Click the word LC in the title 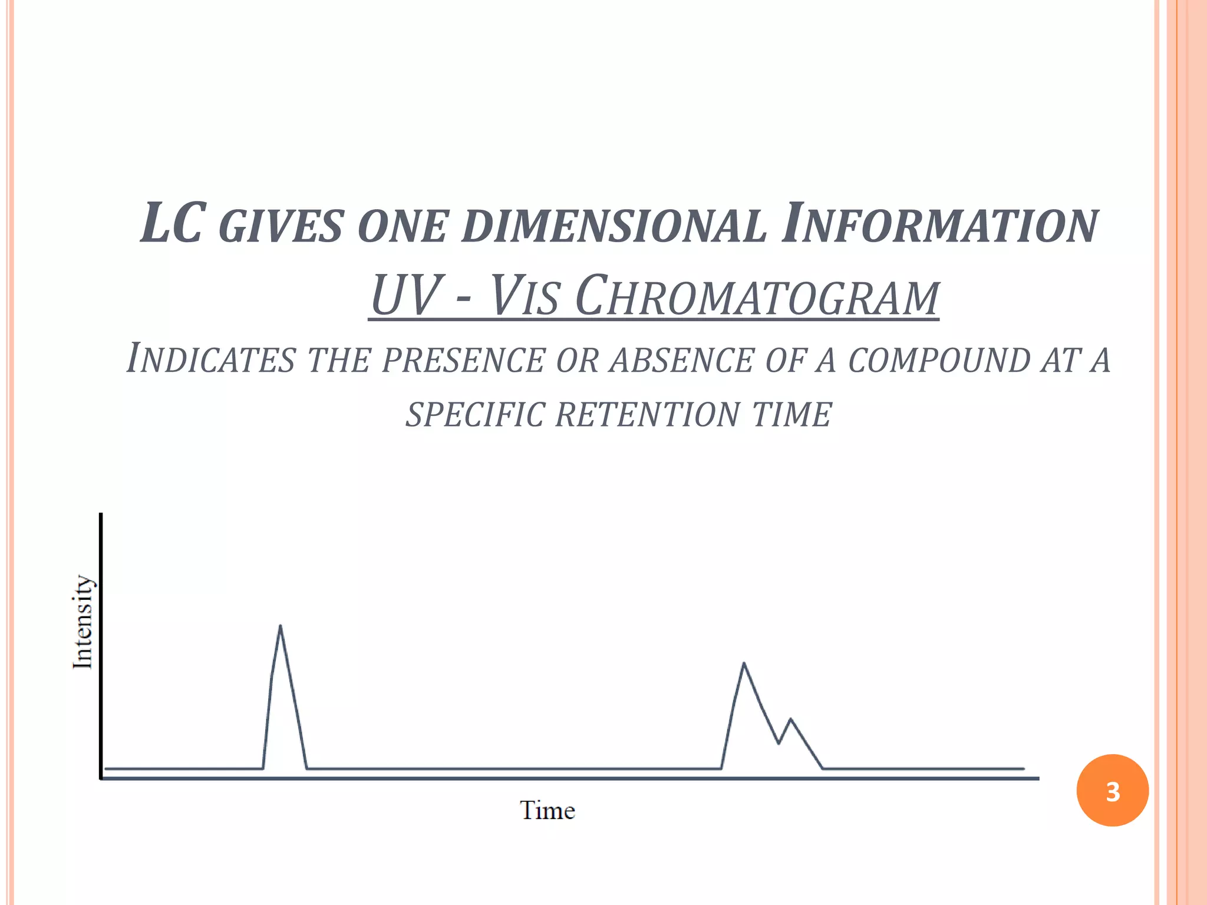(174, 224)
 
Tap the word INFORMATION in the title (939, 224)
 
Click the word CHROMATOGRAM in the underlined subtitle (757, 296)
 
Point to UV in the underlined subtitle (405, 296)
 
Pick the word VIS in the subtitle (524, 296)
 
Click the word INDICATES (210, 359)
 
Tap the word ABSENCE (681, 360)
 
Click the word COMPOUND (938, 360)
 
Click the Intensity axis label (83, 622)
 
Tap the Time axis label (547, 811)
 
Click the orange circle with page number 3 (1112, 791)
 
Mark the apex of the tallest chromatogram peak (280, 626)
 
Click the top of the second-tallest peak (744, 663)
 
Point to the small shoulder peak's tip (790, 719)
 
